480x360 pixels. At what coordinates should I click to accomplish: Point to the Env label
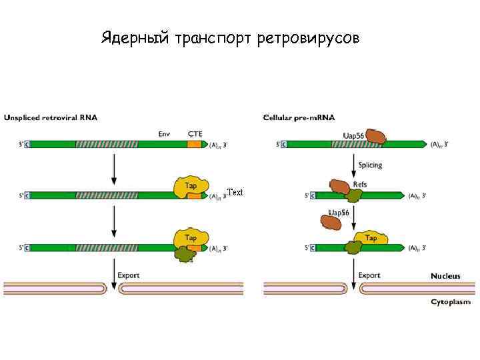pyautogui.click(x=164, y=134)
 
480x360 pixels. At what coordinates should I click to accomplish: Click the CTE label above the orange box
pyautogui.click(x=195, y=134)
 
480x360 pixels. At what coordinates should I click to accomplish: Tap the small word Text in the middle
pyautogui.click(x=235, y=192)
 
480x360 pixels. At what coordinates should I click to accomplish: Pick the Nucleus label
pyautogui.click(x=445, y=275)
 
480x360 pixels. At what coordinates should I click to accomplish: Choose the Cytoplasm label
pyautogui.click(x=451, y=302)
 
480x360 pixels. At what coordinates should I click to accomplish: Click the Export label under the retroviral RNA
pyautogui.click(x=129, y=275)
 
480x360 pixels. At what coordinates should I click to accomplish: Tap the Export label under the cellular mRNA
pyautogui.click(x=369, y=275)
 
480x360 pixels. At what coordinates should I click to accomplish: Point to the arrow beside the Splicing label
pyautogui.click(x=353, y=165)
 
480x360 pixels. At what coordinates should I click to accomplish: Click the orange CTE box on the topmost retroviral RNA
pyautogui.click(x=194, y=144)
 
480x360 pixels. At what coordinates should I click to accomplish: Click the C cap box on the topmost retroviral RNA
pyautogui.click(x=27, y=144)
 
